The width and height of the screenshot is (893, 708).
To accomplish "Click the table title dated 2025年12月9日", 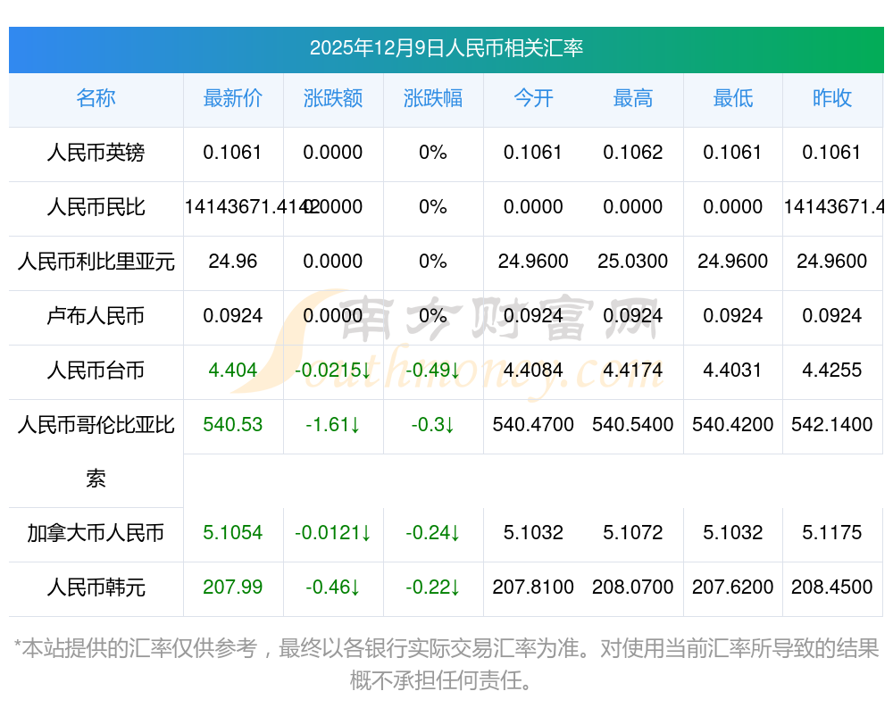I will coord(446,48).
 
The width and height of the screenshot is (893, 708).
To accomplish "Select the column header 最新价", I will coord(233,98).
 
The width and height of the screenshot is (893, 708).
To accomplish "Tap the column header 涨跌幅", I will coord(433,98).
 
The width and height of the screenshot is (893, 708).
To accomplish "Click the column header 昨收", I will coord(832,98).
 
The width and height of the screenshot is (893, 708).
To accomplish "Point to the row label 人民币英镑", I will coord(96,153).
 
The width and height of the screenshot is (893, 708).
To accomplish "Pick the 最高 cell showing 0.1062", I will coord(633,153).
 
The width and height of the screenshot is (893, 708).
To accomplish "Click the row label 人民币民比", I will coord(96,207).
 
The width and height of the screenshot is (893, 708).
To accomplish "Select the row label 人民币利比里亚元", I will coord(96,262).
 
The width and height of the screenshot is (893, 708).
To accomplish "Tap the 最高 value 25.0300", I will coord(633,262).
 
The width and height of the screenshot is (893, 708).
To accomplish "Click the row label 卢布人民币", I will coord(96,316).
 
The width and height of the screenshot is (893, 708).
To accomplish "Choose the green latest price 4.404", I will coord(233,371).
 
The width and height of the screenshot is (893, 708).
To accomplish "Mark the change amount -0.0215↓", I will coord(333,371).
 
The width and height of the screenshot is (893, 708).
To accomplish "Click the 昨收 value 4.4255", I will coord(832,371).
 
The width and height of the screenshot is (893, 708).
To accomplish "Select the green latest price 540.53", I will coord(233,425).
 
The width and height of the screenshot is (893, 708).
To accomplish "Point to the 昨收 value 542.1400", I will coord(832,425).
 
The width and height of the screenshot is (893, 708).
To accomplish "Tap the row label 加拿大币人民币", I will coord(96,534).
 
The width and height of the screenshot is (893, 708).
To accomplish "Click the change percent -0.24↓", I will coord(433,534).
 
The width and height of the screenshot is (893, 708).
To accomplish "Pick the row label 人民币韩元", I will coord(96,588).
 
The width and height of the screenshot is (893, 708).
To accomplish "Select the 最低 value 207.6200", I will coord(733,588).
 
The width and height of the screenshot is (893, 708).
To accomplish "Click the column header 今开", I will coord(533,98).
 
